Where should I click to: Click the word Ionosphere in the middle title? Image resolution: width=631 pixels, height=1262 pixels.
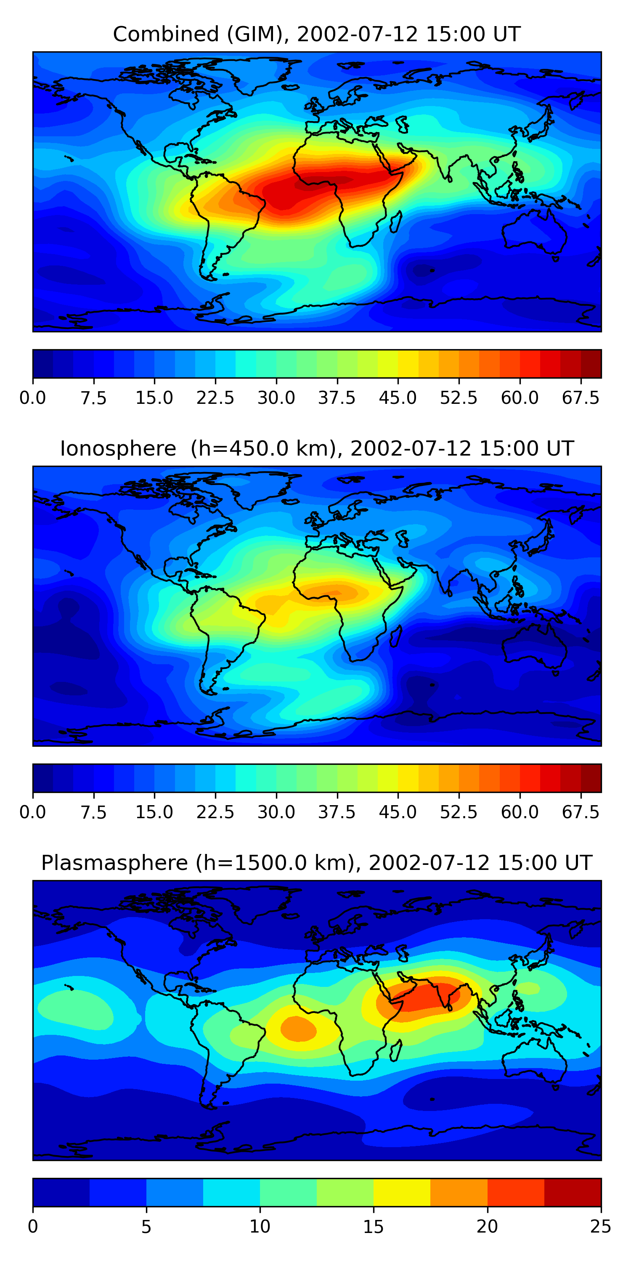[118, 449]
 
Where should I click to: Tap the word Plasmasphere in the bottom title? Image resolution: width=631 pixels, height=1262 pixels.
[114, 863]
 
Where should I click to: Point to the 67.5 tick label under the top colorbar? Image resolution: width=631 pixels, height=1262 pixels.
[581, 398]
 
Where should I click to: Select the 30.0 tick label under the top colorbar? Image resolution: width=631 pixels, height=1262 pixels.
[276, 398]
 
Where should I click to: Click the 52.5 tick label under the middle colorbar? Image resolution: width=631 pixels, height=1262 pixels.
[459, 812]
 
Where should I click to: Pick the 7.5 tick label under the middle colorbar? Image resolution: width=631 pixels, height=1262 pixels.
[93, 812]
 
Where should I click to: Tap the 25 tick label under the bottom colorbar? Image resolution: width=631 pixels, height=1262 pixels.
[601, 1227]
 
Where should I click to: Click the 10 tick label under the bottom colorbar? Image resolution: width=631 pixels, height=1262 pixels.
[260, 1227]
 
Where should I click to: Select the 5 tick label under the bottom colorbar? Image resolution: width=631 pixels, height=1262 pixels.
[146, 1227]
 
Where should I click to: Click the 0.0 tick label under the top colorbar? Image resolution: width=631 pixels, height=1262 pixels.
[33, 398]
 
